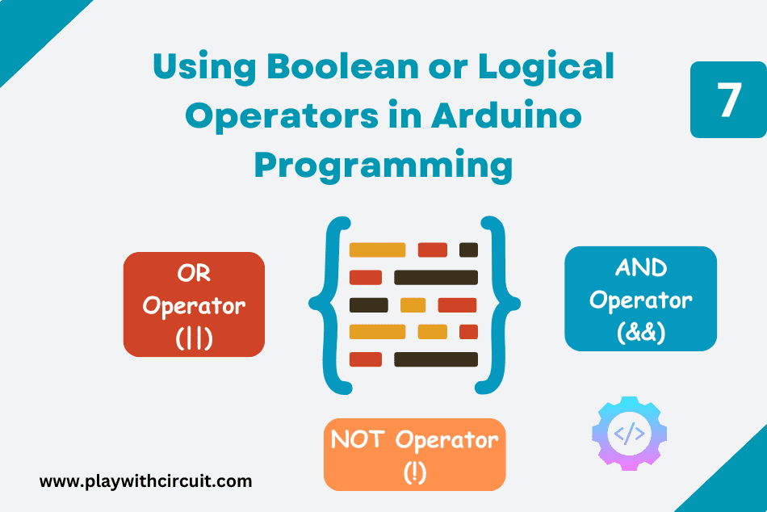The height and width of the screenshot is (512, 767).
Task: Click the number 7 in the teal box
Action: [x=728, y=100]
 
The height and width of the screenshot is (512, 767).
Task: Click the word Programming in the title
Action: [x=383, y=165]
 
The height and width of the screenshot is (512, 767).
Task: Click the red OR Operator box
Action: [x=194, y=304]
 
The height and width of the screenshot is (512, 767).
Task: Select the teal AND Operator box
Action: [x=640, y=299]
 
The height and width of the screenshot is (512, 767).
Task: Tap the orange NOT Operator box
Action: [x=414, y=454]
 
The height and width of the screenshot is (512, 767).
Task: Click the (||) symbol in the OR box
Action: [x=194, y=338]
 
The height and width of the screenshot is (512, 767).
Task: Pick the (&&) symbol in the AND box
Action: [x=640, y=332]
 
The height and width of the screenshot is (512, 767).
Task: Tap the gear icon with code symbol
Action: [x=629, y=434]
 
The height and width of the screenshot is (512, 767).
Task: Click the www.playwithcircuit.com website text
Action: [x=145, y=481]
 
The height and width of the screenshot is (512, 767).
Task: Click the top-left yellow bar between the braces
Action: [x=377, y=250]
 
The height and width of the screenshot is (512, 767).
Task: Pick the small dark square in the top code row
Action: [x=468, y=250]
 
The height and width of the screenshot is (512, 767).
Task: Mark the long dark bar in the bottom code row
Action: [x=436, y=359]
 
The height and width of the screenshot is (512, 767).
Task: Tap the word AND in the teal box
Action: [x=640, y=267]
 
